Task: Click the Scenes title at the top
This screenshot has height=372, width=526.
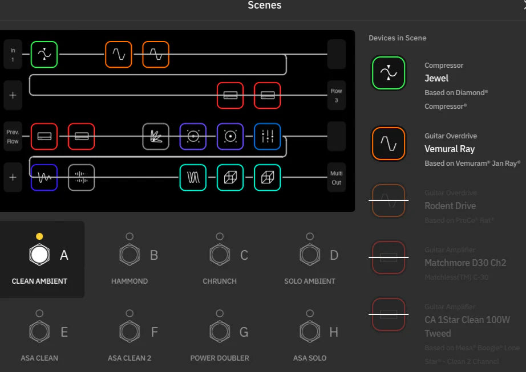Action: [264, 6]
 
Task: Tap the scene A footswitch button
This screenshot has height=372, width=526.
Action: [39, 254]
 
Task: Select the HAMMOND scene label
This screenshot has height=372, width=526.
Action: [130, 281]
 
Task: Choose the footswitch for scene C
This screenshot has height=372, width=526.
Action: [220, 254]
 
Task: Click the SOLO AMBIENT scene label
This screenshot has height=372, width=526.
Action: [310, 281]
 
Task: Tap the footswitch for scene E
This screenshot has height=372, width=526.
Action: [39, 331]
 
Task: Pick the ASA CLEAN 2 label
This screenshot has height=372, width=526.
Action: [130, 358]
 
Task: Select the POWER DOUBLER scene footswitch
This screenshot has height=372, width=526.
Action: [220, 331]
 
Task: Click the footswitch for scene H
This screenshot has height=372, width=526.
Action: [310, 331]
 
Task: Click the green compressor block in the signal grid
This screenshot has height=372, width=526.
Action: [44, 54]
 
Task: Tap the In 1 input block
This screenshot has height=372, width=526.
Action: [13, 54]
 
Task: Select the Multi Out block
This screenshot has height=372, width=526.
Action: [337, 177]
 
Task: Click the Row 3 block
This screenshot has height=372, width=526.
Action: [337, 95]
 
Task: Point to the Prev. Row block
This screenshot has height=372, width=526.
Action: [13, 136]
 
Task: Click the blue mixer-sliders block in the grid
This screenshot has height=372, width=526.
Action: [267, 136]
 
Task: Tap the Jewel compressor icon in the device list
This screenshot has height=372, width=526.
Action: [389, 73]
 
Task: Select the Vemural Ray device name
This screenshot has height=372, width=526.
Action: [450, 149]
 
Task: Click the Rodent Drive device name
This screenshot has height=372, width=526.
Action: [450, 206]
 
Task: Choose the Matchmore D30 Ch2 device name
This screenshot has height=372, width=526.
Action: [465, 263]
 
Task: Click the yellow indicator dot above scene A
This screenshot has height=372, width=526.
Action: [39, 236]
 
